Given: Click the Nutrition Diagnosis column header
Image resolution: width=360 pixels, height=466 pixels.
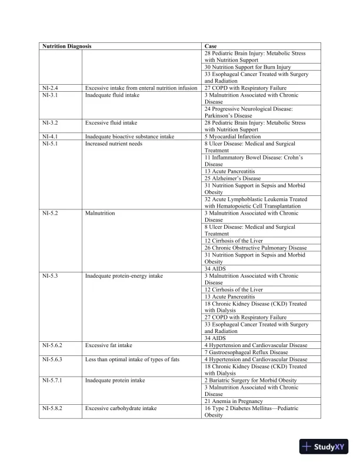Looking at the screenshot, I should [x=66, y=46].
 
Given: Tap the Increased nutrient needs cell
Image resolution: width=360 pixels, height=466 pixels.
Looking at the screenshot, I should [x=114, y=144].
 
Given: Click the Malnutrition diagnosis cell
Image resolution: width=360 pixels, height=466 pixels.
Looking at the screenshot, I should [x=100, y=212].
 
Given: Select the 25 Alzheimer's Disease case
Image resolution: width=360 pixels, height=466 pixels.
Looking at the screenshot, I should [x=232, y=178].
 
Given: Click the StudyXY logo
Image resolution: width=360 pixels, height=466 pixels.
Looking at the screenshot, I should [x=322, y=447].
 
